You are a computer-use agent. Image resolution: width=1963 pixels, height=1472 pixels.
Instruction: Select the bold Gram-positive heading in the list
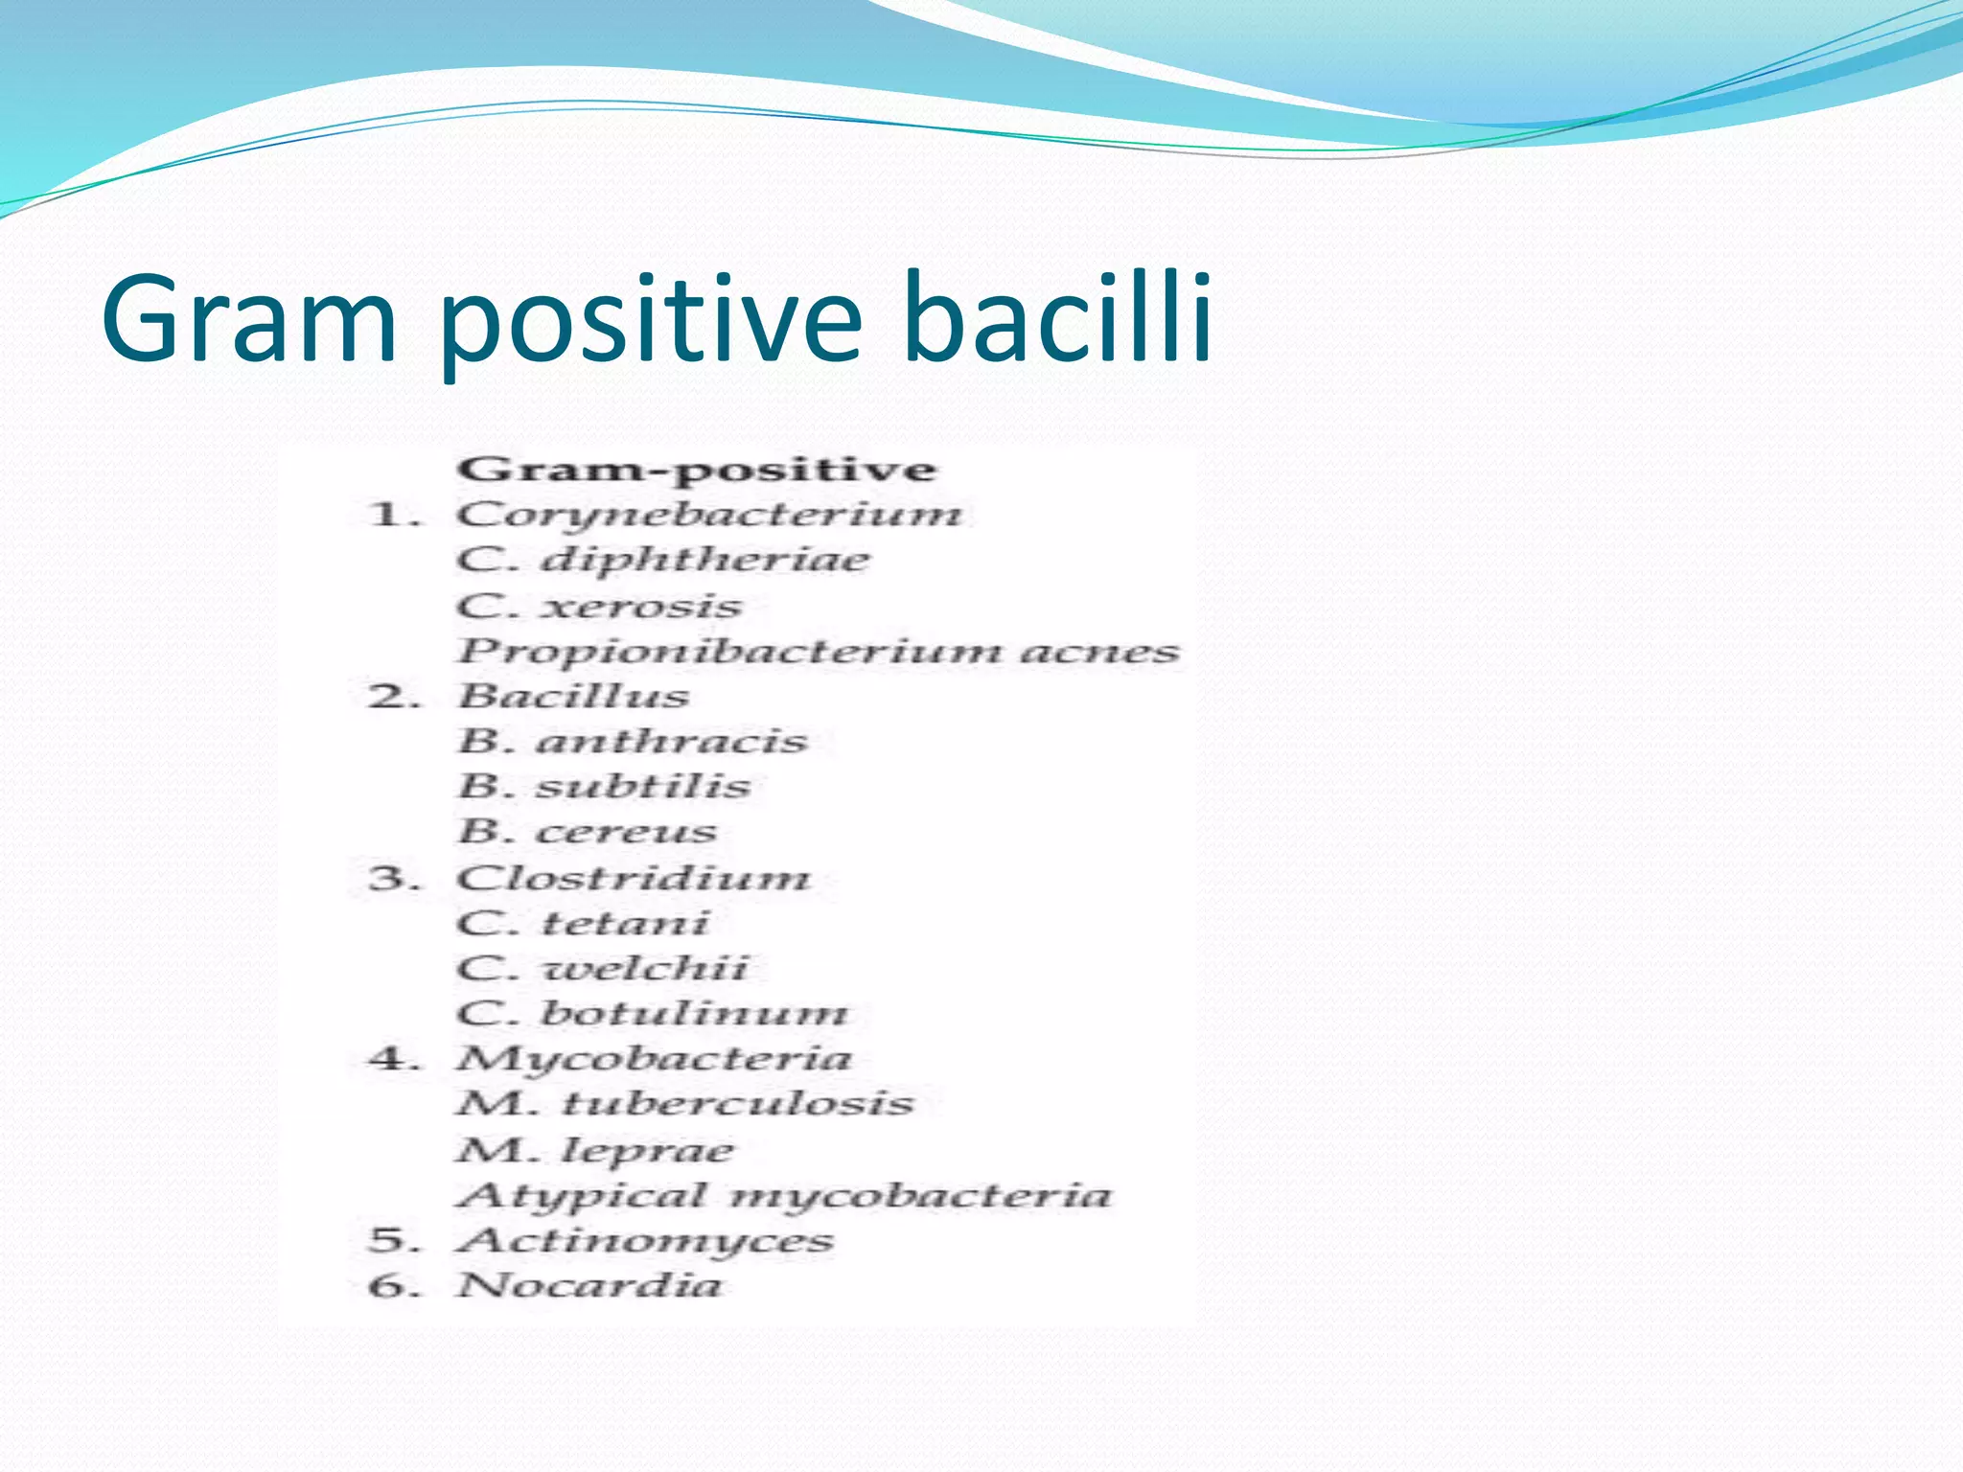696,470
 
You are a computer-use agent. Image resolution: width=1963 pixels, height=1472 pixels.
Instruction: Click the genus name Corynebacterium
708,516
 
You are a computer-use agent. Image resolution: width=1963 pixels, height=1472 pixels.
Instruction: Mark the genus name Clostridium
633,878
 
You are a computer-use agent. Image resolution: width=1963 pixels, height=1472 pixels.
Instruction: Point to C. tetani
583,923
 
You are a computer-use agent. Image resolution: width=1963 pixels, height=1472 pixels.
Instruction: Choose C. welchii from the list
602,968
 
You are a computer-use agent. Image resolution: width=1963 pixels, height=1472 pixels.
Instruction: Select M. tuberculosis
684,1104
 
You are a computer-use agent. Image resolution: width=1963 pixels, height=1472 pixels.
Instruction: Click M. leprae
594,1150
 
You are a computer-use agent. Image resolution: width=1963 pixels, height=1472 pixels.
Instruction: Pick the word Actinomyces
645,1240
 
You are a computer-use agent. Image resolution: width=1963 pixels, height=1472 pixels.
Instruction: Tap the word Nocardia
589,1285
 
